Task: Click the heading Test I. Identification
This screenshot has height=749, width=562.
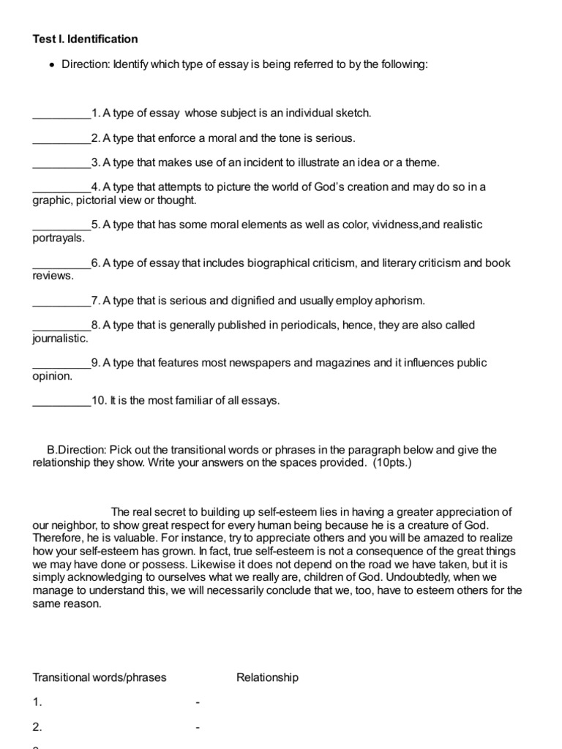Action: click(x=85, y=39)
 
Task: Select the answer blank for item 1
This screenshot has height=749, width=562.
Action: click(x=61, y=114)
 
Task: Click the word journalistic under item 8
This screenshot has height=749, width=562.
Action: click(x=60, y=339)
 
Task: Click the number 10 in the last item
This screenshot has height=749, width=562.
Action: click(x=99, y=401)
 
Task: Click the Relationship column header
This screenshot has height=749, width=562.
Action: click(x=268, y=677)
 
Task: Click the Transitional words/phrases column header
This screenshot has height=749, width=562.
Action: click(x=100, y=677)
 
